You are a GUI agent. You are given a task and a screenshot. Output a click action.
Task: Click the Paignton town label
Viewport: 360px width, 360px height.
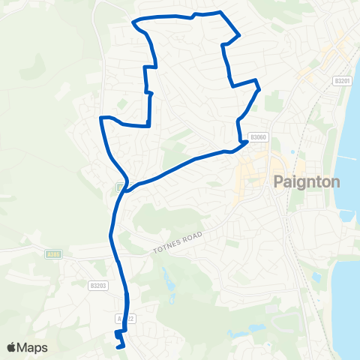point(307,181)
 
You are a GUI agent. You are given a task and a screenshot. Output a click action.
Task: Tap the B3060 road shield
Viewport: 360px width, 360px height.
point(258,137)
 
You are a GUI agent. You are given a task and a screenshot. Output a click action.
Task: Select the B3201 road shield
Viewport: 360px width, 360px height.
point(342,81)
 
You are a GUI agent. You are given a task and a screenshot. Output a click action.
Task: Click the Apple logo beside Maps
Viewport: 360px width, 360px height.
point(12,347)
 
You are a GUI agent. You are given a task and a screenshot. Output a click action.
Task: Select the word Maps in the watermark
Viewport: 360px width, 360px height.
point(34,347)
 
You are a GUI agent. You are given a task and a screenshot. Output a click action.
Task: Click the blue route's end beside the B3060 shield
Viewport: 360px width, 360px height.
point(247,141)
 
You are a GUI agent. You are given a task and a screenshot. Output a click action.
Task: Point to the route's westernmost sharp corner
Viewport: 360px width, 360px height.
point(101,118)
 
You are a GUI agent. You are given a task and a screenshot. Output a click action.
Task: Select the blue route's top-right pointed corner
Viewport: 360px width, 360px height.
point(238,34)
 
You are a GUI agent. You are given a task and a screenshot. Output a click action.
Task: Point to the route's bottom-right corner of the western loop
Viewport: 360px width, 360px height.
point(149,124)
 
